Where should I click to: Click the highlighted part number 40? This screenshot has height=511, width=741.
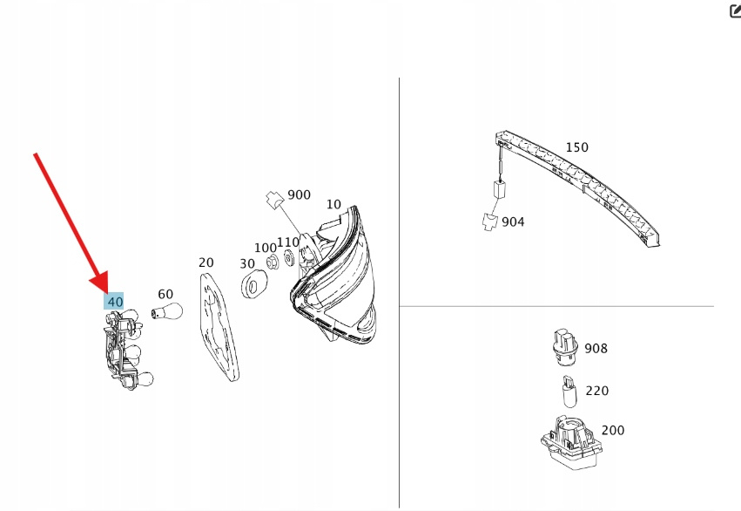(x=114, y=302)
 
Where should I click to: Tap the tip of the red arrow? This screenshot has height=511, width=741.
(x=107, y=291)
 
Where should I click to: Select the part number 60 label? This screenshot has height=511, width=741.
(x=165, y=295)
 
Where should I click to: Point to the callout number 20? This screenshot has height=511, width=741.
(x=205, y=262)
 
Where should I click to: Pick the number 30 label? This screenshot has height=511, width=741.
(x=247, y=263)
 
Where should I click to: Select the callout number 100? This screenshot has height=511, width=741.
(x=266, y=248)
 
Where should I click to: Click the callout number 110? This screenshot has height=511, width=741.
(x=288, y=242)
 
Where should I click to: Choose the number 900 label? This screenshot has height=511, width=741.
(x=299, y=194)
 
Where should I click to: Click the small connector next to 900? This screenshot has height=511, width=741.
(x=275, y=201)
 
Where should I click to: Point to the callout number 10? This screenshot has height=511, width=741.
(x=333, y=204)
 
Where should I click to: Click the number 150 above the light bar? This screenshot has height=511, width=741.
(x=576, y=147)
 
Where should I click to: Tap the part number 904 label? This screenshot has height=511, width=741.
(x=513, y=221)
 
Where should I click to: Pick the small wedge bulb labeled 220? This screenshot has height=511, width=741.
(x=569, y=393)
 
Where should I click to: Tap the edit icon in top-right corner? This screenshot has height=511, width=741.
(x=733, y=11)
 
